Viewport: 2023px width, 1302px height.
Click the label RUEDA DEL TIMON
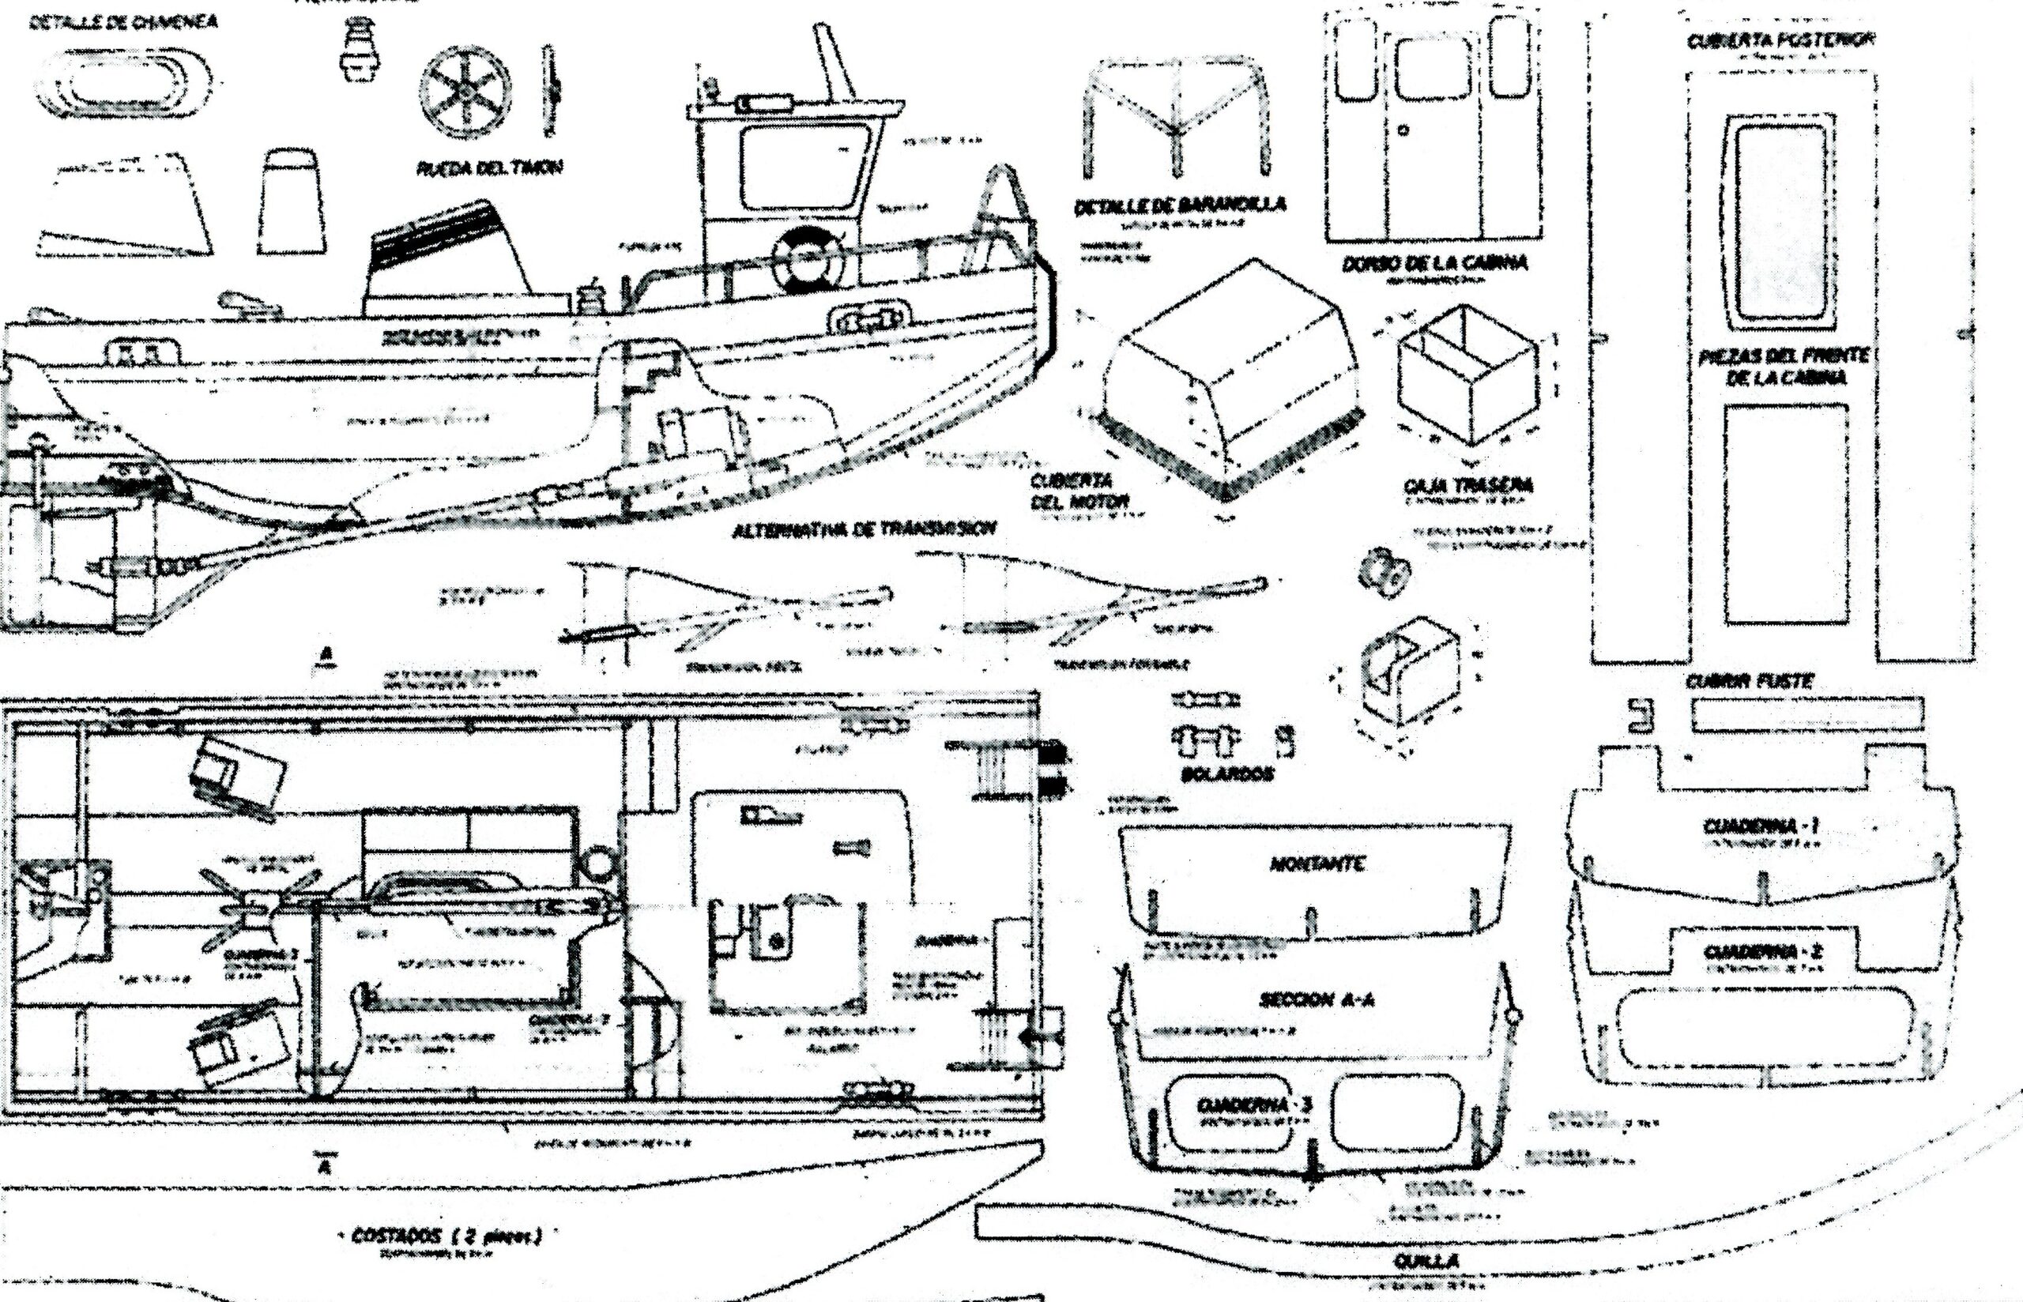click(x=488, y=168)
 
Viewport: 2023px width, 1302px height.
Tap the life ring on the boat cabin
click(x=808, y=258)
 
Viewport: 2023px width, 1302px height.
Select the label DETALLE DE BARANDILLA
click(x=1180, y=205)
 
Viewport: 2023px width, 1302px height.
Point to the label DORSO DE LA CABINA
click(x=1434, y=264)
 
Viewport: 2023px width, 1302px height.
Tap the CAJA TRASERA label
click(x=1467, y=486)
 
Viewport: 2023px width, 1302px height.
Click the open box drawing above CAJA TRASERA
click(x=1465, y=378)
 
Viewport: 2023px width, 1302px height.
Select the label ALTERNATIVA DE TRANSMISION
click(x=863, y=530)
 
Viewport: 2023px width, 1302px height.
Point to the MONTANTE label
click(x=1317, y=864)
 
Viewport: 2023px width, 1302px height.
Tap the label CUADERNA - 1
click(x=1760, y=826)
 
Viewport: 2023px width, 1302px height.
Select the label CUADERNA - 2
click(x=1760, y=952)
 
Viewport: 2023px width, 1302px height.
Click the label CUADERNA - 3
click(x=1253, y=1106)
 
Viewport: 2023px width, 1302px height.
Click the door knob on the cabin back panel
click(x=1404, y=131)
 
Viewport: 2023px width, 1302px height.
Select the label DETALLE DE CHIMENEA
click(x=122, y=23)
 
